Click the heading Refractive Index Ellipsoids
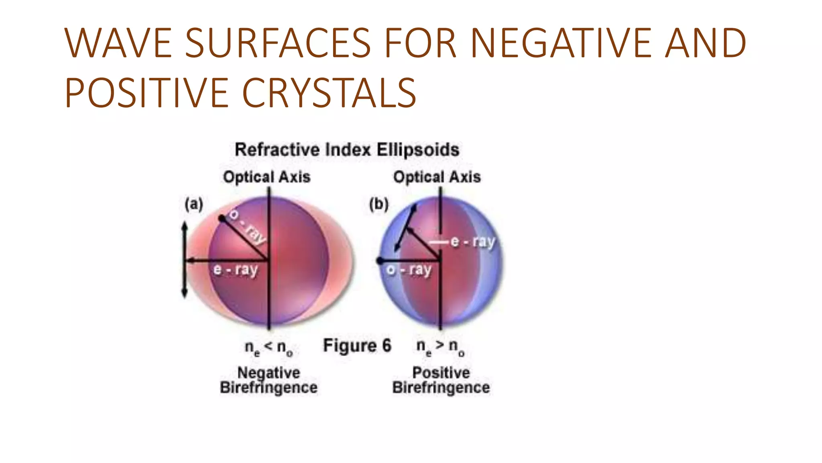point(347,150)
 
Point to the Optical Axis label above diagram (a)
point(267,177)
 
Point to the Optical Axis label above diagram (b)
point(437,177)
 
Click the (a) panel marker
point(194,204)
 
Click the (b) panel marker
point(379,204)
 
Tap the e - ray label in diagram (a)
point(236,270)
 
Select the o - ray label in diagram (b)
point(409,270)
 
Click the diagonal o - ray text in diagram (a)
point(248,227)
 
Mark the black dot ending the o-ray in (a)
point(222,218)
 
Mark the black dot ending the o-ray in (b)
point(380,261)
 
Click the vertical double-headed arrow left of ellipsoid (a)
point(185,260)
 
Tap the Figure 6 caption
point(357,346)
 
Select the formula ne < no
point(269,347)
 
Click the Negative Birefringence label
point(269,380)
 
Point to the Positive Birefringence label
point(441,380)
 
